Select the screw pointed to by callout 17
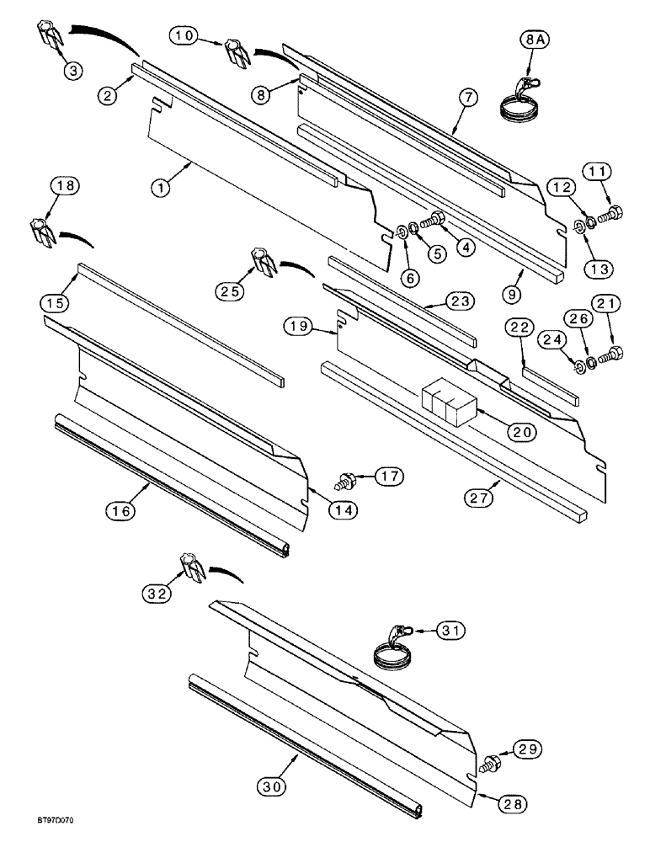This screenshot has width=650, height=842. [344, 483]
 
